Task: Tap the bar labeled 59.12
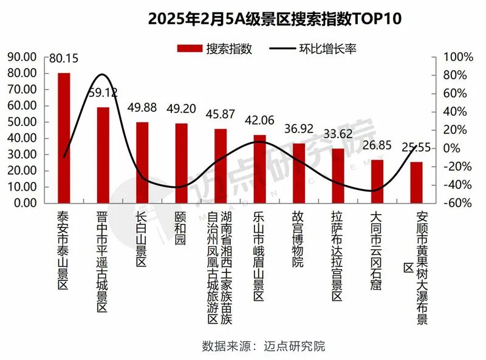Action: [103, 155]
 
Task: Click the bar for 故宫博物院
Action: [299, 173]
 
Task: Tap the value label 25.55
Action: [417, 148]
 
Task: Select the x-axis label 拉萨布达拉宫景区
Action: [338, 256]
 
